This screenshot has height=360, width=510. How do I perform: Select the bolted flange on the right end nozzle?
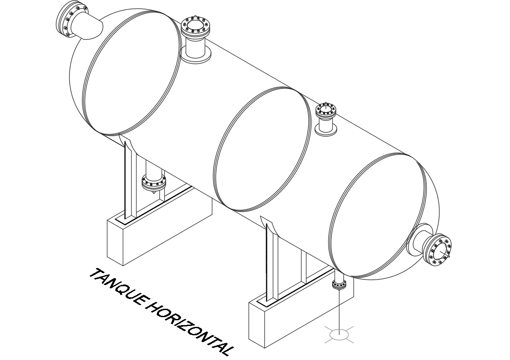pos(440,251)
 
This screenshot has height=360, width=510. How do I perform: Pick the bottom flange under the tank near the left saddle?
pos(153,182)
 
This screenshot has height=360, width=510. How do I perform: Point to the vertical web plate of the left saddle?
pos(128,181)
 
